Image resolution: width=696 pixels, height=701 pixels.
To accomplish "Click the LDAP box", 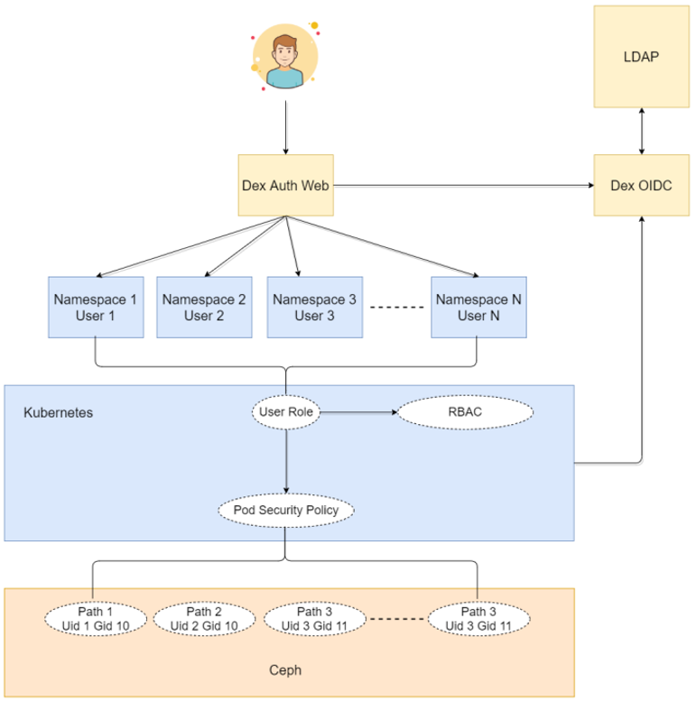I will tap(641, 57).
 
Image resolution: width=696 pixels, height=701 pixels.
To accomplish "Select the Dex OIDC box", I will tap(641, 186).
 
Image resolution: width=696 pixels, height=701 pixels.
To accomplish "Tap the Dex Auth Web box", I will tap(286, 186).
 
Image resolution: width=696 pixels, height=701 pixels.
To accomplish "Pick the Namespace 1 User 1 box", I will tap(95, 307).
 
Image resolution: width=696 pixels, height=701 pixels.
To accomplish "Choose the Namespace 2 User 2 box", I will tap(203, 307).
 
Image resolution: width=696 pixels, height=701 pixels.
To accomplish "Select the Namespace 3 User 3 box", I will tap(314, 307).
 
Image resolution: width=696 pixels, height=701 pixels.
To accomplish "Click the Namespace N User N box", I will tap(478, 307).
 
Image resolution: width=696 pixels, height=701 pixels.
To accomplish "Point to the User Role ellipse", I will tap(286, 412).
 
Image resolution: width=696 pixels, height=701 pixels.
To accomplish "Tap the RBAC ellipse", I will tap(466, 412).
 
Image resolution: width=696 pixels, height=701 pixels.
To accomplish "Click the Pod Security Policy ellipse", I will tap(286, 511).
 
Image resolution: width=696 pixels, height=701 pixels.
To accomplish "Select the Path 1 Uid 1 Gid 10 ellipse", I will tap(94, 619).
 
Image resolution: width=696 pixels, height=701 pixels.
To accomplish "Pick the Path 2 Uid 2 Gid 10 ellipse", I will tap(204, 619).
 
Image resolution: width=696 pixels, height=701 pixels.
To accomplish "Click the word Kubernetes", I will tap(58, 412).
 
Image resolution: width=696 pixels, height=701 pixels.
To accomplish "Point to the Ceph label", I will tap(286, 670).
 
